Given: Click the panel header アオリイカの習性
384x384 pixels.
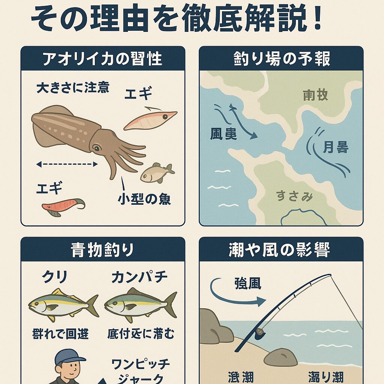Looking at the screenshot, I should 102,59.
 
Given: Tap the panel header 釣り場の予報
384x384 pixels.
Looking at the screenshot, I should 281,59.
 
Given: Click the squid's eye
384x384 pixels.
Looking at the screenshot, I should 96,148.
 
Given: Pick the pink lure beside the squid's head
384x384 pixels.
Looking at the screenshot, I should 150,119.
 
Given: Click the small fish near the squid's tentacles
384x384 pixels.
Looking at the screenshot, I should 157,173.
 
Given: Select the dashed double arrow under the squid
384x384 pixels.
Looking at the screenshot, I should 67,164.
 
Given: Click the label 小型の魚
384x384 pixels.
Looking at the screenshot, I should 144,199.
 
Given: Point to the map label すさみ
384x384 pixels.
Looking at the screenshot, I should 295,196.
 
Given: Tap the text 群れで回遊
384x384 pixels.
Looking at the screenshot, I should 60,333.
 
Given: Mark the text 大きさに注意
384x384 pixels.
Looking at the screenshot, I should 73,88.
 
